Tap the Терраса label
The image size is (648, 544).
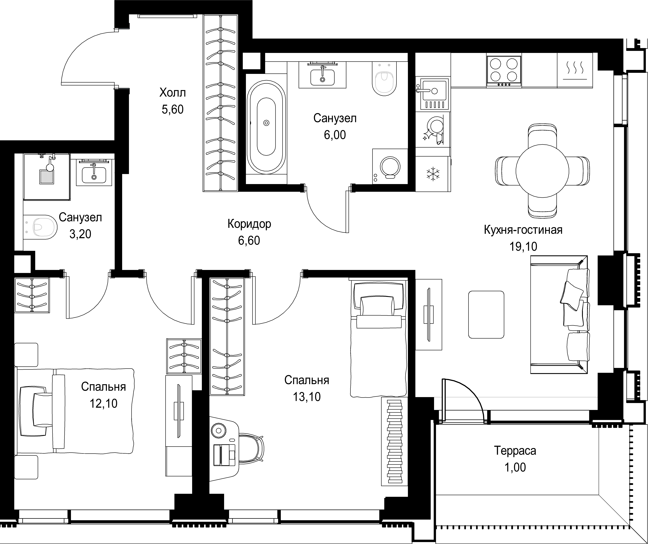pos(515,450)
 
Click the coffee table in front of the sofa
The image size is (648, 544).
pos(486,315)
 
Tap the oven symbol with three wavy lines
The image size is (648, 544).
pos(575,70)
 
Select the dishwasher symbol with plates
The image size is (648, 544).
pos(433,130)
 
